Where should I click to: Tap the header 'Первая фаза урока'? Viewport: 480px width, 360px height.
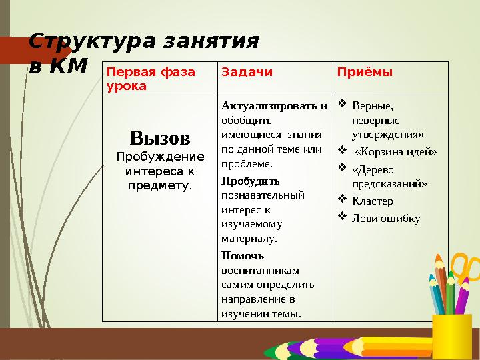151,79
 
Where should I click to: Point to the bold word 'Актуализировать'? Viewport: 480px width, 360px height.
270,105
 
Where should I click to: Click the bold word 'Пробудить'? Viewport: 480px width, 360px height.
250,181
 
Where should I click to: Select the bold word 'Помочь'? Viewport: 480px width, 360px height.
243,255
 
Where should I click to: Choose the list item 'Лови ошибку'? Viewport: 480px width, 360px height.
385,218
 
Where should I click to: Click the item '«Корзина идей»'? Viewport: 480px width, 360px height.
395,151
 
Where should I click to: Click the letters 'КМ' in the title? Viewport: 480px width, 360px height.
69,65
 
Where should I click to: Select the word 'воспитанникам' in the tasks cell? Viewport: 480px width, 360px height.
260,270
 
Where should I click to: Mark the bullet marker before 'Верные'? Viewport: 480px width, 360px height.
342,104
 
